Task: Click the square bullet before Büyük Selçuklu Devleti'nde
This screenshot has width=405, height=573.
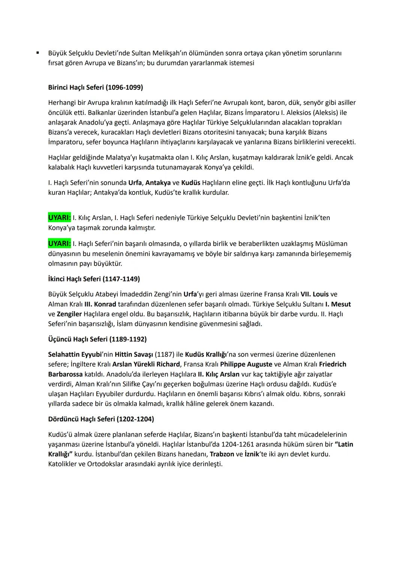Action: [38, 53]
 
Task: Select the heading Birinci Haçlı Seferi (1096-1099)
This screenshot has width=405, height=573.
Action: [95, 87]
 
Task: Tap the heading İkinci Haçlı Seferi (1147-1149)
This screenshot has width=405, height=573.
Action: [94, 279]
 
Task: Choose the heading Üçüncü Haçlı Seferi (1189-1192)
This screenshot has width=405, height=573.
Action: [97, 339]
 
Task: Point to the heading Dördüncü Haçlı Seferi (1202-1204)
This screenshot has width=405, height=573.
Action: [101, 419]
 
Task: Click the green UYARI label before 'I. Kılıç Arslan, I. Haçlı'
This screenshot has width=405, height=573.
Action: [59, 218]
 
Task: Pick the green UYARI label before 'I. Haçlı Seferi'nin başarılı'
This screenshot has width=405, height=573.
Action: [59, 244]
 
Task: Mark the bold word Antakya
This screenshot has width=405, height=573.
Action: [157, 183]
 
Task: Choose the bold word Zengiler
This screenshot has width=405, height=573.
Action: [69, 314]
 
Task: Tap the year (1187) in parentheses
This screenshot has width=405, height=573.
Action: [164, 354]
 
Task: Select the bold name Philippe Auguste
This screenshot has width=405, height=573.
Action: [246, 364]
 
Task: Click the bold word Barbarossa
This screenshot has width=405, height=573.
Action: [65, 374]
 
